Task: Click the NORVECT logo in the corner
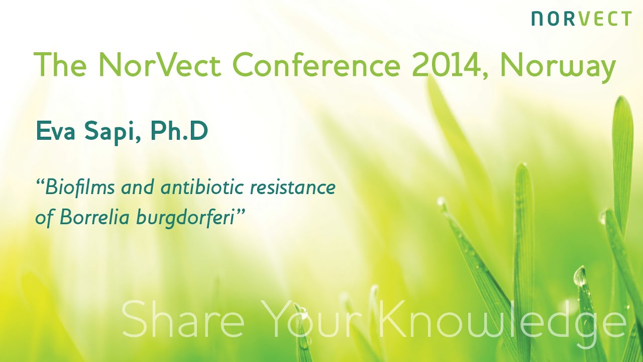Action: [581, 19]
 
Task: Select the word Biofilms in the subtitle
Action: [75, 188]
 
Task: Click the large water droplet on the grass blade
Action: [580, 277]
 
